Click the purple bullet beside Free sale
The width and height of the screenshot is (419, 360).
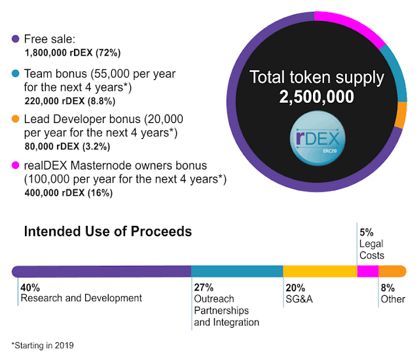pos(16,39)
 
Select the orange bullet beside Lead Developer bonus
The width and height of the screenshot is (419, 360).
pos(16,120)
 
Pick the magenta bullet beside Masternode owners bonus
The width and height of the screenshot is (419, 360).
pos(16,166)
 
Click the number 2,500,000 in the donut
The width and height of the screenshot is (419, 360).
pos(316,97)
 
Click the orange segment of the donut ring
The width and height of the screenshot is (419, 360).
pos(401,115)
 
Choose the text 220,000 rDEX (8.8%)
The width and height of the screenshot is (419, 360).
pos(70,101)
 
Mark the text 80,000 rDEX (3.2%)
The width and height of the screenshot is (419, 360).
pos(67,147)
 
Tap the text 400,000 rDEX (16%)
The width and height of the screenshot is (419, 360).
pos(69,193)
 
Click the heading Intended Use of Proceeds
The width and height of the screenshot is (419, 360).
pos(108,232)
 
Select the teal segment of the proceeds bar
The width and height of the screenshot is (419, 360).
pos(236,271)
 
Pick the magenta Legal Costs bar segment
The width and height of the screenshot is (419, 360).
pos(368,271)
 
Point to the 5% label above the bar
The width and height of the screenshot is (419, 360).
pos(366,231)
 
